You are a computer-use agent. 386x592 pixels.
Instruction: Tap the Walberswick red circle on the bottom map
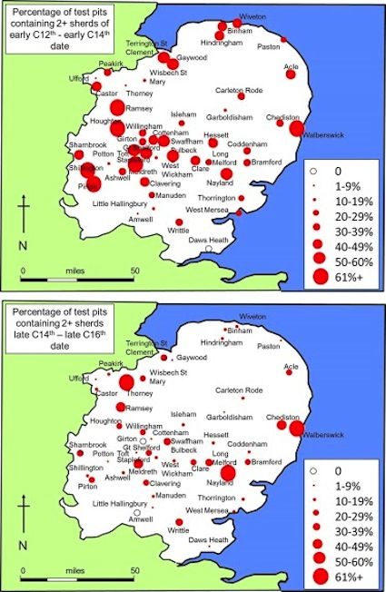(x=296, y=428)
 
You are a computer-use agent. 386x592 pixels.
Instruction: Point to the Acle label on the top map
(x=291, y=65)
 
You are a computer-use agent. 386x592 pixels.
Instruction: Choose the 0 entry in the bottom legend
(x=339, y=472)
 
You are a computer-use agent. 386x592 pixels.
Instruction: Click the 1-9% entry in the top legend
(x=346, y=183)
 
